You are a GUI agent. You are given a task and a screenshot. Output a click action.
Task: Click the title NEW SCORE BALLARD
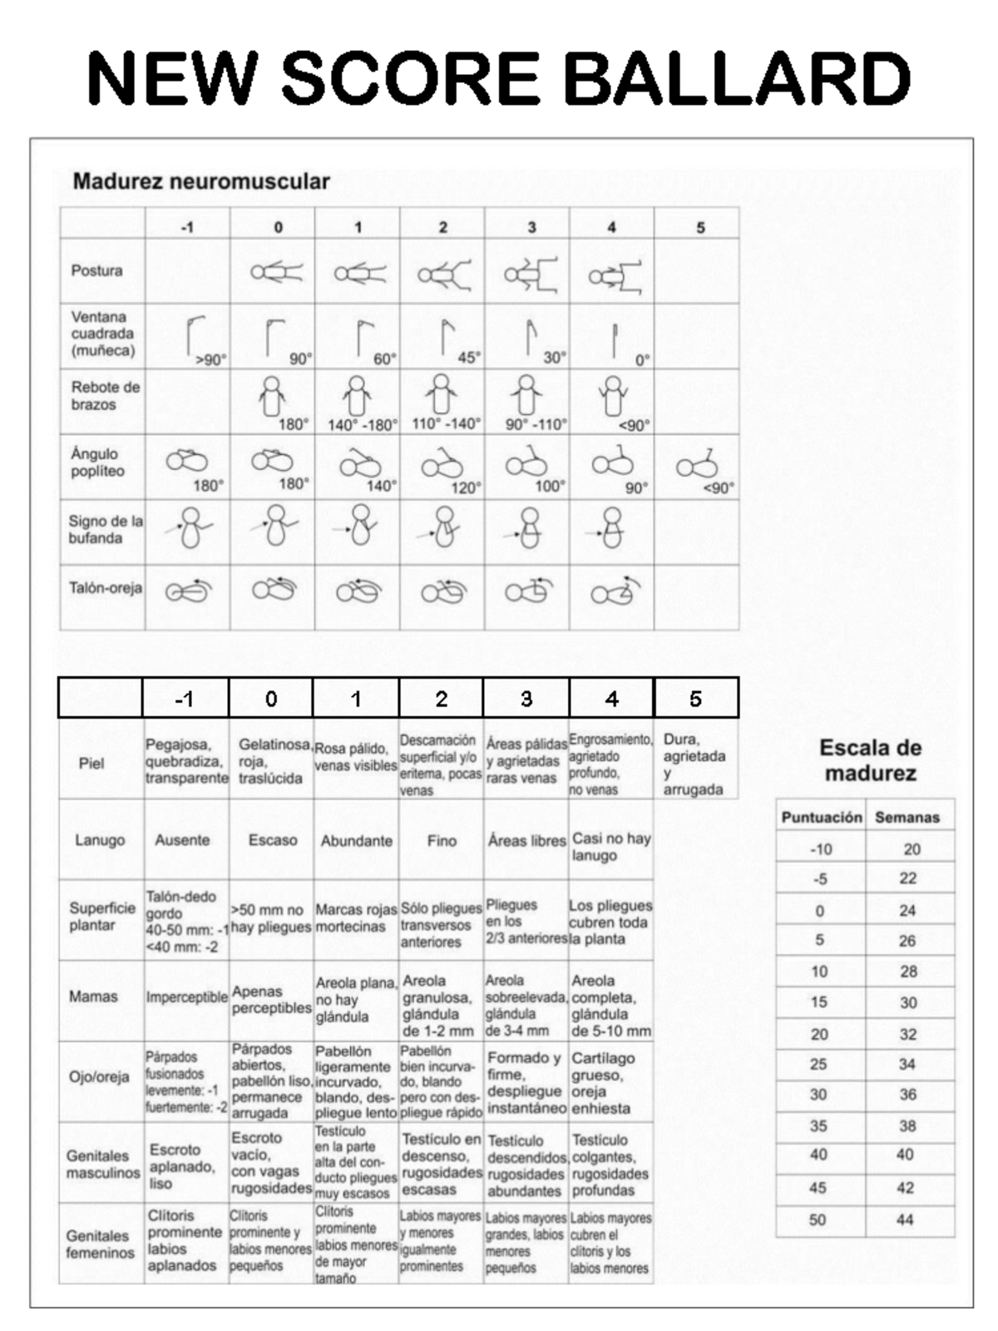pos(499,77)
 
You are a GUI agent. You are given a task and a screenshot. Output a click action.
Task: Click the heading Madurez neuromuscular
pos(201,181)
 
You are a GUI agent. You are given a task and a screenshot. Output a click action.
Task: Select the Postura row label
pos(96,270)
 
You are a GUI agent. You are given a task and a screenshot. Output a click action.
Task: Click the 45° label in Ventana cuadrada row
pos(469,358)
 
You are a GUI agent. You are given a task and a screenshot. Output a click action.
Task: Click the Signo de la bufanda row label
pos(105,529)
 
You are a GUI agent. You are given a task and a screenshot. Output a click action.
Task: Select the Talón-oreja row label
pos(105,588)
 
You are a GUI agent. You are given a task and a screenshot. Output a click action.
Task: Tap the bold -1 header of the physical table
pos(185,699)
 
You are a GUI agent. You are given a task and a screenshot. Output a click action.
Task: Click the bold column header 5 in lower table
pos(695,699)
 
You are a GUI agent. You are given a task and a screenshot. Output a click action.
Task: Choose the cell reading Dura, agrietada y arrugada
pos(694,764)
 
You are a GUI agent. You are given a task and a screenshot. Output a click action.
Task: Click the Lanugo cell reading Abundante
pos(356,840)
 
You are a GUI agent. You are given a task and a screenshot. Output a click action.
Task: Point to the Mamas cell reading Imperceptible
pos(186,997)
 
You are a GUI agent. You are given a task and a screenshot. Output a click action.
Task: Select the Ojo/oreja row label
pos(99,1076)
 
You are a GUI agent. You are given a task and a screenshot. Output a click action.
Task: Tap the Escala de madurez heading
pos(870,760)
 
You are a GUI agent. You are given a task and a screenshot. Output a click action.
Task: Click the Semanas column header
pos(907,817)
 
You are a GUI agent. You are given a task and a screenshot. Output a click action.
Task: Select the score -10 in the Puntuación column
pos(820,849)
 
